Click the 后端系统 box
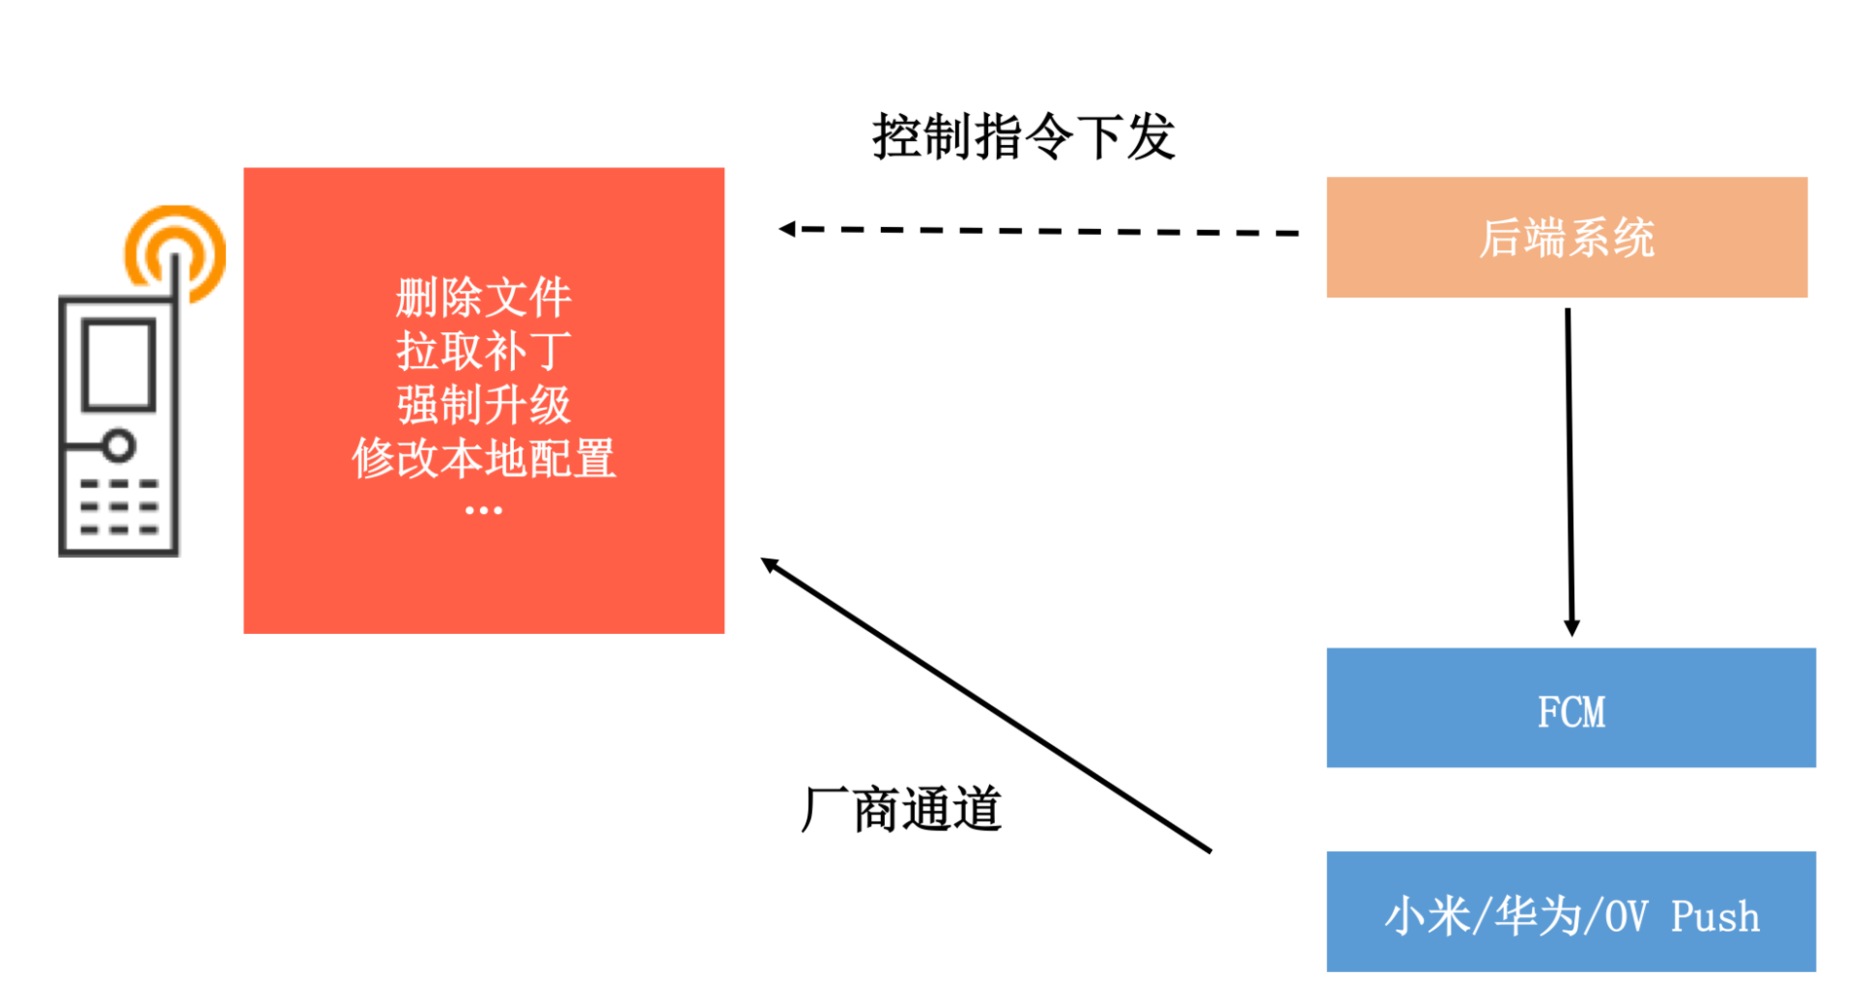tap(1566, 238)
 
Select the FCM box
tap(1570, 708)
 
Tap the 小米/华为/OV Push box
tap(1570, 911)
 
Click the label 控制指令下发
tap(1023, 136)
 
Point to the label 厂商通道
tap(900, 809)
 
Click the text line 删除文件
tap(484, 297)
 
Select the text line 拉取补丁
tap(484, 351)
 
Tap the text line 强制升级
tap(484, 404)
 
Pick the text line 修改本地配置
tap(484, 458)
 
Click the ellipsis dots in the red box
tap(484, 510)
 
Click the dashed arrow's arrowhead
tap(788, 229)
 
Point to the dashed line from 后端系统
tap(1051, 232)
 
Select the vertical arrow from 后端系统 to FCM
tap(1569, 467)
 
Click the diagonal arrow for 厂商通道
tap(983, 703)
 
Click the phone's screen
tap(119, 364)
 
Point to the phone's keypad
tap(119, 506)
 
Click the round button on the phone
tap(119, 446)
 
